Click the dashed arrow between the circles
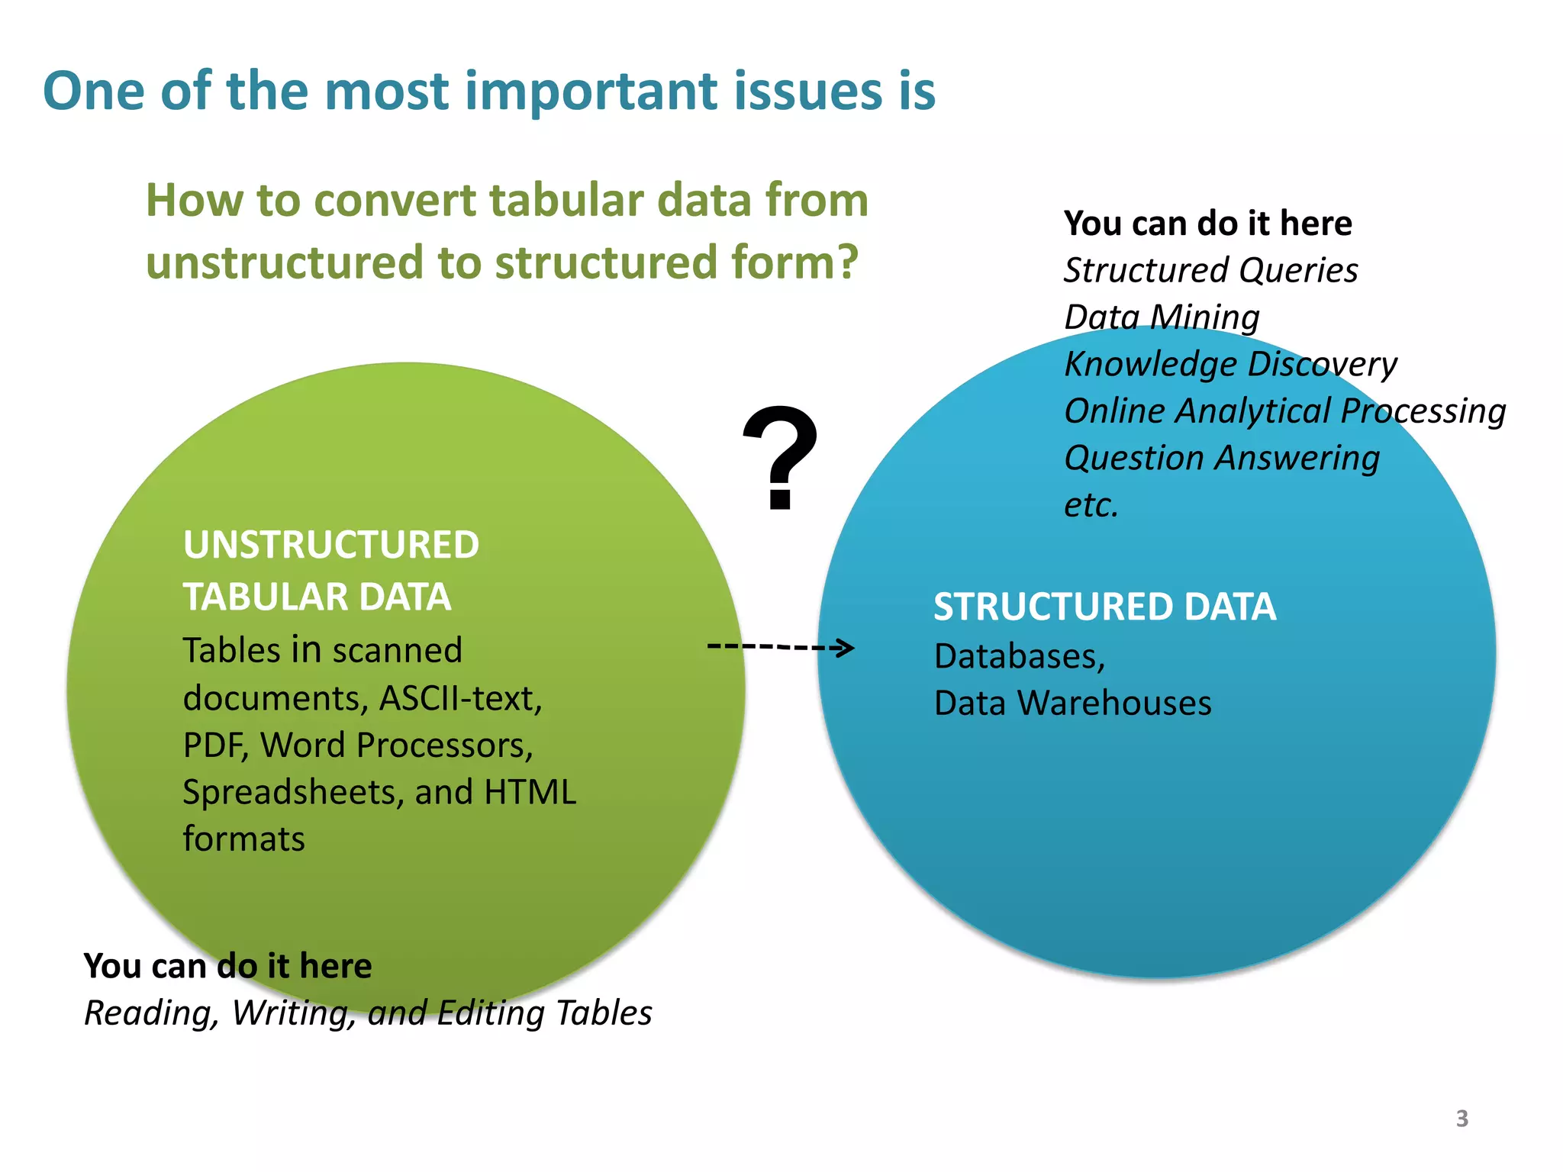pos(780,647)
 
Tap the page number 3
pos(1461,1119)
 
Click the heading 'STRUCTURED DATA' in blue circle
pos(1104,607)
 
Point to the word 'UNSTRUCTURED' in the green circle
pos(330,545)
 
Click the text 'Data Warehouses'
pos(1072,703)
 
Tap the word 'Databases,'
pos(1020,656)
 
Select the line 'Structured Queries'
pos(1210,270)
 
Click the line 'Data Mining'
pos(1162,317)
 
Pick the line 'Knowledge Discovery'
pos(1230,364)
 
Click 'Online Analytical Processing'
pos(1284,411)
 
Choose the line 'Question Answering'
pos(1221,458)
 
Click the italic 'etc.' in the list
pos(1091,505)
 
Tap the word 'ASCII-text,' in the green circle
pos(461,698)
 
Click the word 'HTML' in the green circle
pos(530,792)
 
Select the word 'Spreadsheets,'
pos(293,793)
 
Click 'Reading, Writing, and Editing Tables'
pos(368,1013)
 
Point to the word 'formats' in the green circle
pos(243,839)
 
